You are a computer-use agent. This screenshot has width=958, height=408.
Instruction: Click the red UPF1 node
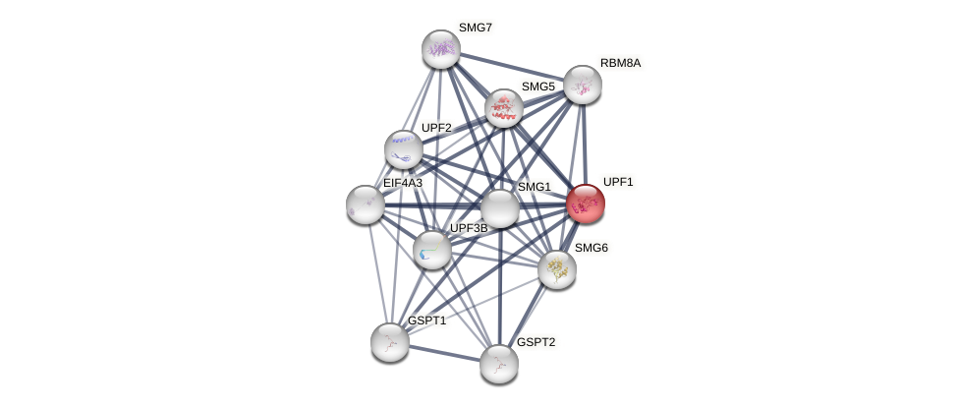[x=585, y=204]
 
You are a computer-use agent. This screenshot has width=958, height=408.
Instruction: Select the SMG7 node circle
[x=441, y=49]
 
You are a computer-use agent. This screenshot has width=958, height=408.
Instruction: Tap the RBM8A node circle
[x=583, y=85]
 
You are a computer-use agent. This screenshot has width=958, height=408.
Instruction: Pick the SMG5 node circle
[x=503, y=108]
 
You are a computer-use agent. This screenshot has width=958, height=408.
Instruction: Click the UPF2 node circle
[x=403, y=149]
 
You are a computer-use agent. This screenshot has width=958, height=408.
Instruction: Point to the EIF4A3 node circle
[x=366, y=204]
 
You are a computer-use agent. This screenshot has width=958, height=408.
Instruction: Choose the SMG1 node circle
[x=499, y=208]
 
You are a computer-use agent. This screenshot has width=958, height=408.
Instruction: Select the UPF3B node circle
[x=432, y=250]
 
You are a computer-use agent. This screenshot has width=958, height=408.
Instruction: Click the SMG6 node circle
[x=557, y=269]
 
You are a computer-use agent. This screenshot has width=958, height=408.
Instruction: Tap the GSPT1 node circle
[x=390, y=342]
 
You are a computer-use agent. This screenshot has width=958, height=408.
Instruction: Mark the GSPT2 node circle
[x=499, y=364]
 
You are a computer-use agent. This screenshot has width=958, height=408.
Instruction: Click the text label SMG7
[x=475, y=28]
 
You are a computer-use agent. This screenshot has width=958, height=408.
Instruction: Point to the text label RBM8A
[x=620, y=63]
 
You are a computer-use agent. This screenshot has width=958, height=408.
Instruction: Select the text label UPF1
[x=618, y=182]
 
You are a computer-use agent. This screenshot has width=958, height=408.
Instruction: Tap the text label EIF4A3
[x=402, y=183]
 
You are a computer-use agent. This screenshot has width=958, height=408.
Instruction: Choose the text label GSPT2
[x=535, y=342]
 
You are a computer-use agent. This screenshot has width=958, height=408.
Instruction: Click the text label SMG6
[x=591, y=248]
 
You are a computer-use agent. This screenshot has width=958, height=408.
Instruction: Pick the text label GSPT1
[x=426, y=321]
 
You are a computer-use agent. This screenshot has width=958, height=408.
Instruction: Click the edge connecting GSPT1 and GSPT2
[x=444, y=353]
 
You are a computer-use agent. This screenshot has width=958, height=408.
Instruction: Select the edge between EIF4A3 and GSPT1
[x=377, y=273]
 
